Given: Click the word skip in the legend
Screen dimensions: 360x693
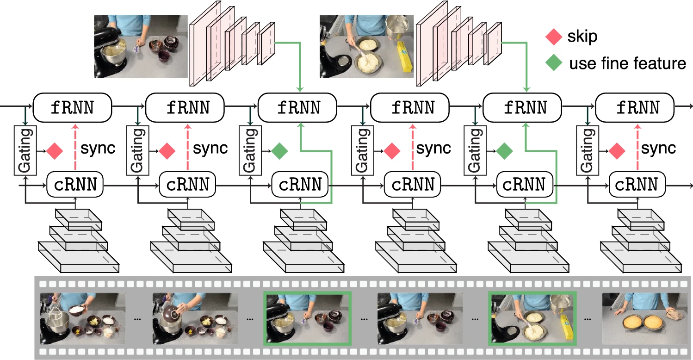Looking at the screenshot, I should (x=582, y=37).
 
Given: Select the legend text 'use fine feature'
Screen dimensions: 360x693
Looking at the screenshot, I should (x=628, y=63).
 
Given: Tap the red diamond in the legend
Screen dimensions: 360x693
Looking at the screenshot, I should (x=554, y=37).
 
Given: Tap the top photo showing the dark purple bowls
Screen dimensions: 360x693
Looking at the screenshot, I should (x=141, y=46).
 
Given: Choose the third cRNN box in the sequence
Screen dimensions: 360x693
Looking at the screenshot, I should (x=300, y=185).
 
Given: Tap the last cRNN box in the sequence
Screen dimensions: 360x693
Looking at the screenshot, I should (x=637, y=185).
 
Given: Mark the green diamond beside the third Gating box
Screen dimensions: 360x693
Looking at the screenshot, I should (x=279, y=150).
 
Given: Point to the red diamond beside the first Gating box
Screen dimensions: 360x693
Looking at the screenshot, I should (x=55, y=150).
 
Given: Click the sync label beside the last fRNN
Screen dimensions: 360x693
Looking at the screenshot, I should (x=659, y=149).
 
